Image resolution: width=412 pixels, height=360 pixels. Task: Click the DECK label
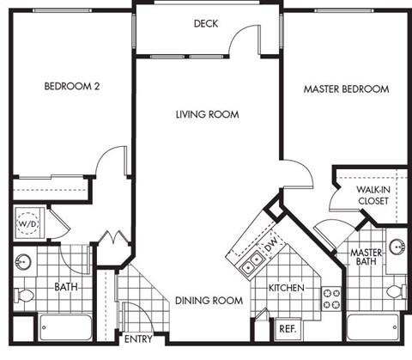206,23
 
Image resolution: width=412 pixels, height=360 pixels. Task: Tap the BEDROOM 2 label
73,87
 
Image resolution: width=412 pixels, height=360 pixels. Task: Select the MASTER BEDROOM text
346,88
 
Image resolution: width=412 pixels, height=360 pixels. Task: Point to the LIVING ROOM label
207,114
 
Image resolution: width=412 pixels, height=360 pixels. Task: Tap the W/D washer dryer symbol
27,225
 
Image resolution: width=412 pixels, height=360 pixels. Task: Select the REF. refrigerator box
286,329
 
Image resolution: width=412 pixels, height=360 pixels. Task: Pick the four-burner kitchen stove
331,298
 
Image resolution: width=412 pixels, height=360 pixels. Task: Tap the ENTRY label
138,339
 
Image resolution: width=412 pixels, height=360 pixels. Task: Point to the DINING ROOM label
209,301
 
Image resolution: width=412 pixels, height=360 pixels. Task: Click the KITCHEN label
286,288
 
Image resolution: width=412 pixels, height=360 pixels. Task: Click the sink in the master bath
397,247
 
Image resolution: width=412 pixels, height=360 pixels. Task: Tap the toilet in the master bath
394,291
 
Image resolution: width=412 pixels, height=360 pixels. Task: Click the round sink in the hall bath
23,260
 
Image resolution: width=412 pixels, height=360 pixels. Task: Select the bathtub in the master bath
374,328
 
